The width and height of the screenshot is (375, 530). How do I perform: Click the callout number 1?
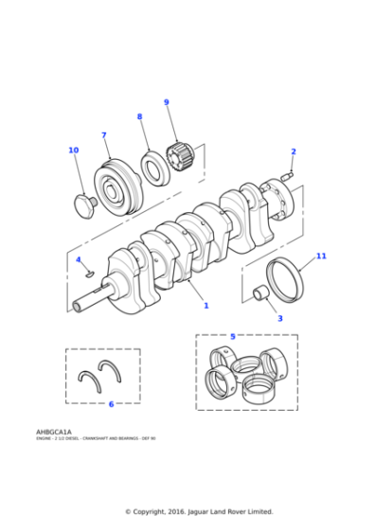point(205,306)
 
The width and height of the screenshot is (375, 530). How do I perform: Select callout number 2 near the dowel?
point(293,151)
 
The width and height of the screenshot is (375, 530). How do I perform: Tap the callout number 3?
point(279,318)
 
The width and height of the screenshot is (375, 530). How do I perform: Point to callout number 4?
point(79,259)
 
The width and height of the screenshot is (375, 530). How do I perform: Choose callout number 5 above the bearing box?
point(232,336)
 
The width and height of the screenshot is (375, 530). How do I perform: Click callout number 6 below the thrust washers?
point(111,404)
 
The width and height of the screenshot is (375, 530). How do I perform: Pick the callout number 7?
point(103,135)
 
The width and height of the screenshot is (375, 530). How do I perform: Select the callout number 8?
point(139,116)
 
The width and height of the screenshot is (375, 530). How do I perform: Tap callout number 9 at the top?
point(166,102)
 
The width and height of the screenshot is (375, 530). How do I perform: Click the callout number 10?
point(73,150)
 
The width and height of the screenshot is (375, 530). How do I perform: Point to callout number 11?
point(321,256)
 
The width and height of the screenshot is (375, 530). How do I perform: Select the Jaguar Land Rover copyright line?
point(200,511)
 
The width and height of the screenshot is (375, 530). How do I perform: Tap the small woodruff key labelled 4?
point(89,271)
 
